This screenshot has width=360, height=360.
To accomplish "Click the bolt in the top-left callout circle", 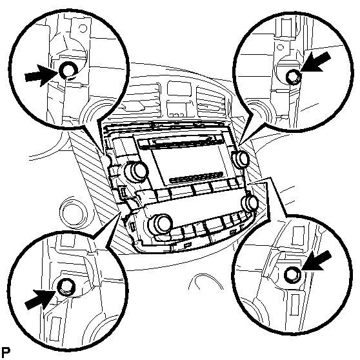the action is click(68, 70).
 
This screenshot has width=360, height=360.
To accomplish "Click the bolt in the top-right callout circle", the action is click(293, 77).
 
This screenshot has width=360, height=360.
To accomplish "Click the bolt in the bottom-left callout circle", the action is click(66, 286).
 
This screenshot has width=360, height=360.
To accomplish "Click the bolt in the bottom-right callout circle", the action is click(292, 274).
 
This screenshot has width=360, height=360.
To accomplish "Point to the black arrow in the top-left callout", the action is click(41, 75).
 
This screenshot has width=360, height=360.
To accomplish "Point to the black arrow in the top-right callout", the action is click(315, 61).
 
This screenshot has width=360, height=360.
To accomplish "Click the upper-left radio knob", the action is click(136, 170).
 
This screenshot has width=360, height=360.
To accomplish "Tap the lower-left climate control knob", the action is click(160, 223).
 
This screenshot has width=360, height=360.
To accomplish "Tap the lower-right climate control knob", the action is click(249, 202).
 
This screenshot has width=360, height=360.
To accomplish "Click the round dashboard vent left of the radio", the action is click(74, 212).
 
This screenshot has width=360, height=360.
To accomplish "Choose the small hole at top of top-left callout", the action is click(83, 28).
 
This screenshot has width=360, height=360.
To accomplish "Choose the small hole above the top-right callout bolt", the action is click(280, 48).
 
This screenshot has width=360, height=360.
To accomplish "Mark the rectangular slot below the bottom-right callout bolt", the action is click(295, 306).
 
